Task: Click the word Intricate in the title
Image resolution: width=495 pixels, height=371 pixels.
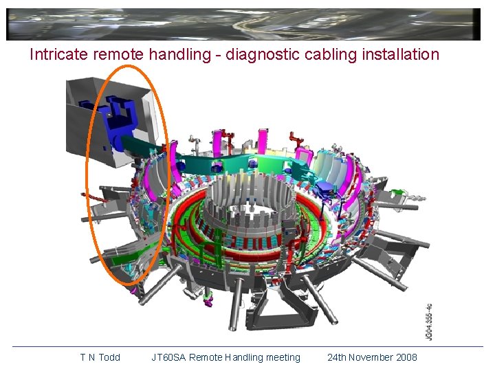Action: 58,54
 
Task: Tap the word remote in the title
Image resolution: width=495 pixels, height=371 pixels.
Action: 118,54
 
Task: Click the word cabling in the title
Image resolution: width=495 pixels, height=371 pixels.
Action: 331,54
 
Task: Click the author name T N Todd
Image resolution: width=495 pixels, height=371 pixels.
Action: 100,357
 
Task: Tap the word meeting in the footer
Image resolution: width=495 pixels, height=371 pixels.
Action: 283,358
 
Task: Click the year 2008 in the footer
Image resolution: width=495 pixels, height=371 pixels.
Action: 407,357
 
